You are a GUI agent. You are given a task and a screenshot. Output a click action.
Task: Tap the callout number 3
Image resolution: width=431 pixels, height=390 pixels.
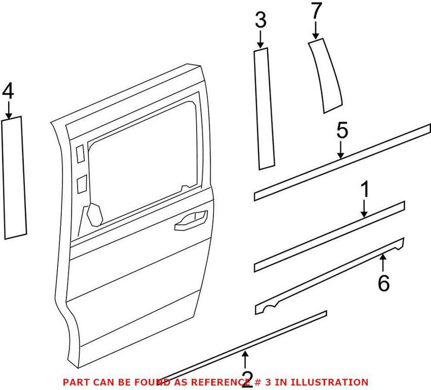point(260,22)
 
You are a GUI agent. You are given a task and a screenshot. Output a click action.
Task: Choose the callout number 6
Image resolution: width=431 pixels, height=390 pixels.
point(383,283)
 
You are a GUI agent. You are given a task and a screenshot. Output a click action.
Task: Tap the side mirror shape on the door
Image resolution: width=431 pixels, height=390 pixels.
point(94,215)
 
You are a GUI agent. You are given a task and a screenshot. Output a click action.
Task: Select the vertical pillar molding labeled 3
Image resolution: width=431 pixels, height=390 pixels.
point(264,108)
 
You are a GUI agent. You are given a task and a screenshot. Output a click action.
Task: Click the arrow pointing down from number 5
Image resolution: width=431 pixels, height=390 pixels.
point(340,151)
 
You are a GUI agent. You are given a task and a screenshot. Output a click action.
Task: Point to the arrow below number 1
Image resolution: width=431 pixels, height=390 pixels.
point(364,209)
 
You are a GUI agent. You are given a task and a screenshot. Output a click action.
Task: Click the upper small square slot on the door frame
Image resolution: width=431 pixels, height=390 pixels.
point(80,154)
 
